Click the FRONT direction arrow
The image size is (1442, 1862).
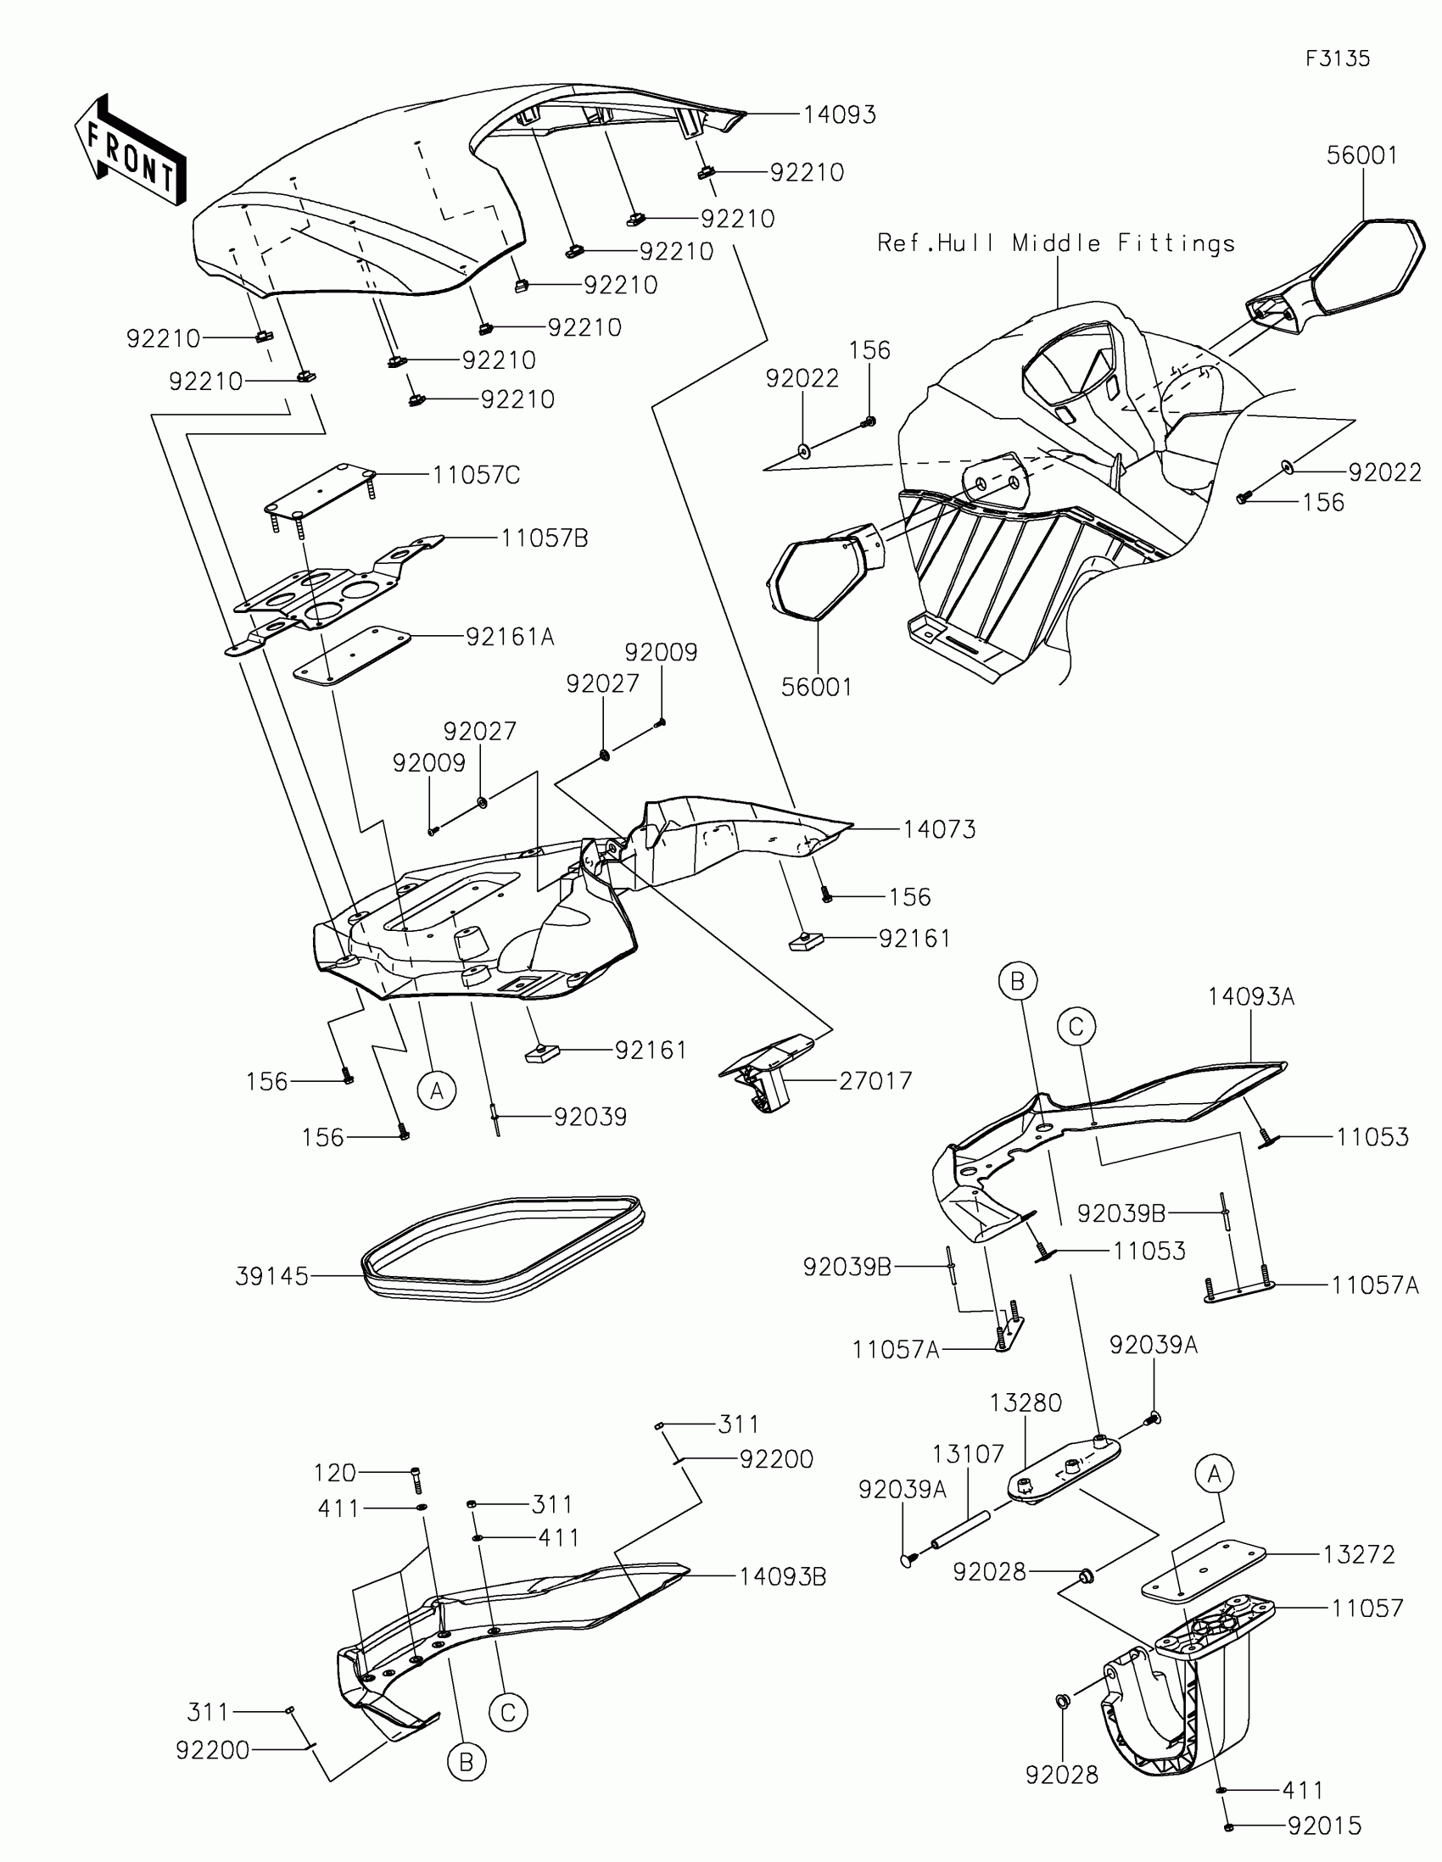point(131,150)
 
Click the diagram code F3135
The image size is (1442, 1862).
point(1337,59)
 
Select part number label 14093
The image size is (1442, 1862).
point(839,115)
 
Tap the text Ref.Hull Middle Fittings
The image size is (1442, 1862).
point(1056,244)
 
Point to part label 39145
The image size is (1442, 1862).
point(271,1277)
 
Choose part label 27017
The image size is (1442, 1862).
point(875,1081)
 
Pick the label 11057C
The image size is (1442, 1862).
point(476,475)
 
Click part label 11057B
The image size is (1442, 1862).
point(544,538)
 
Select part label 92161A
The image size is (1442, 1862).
point(510,637)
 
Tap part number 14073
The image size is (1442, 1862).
point(939,828)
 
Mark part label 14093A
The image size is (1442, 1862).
point(1250,996)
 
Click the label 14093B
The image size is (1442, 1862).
point(782,1577)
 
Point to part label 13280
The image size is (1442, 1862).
point(1025,1402)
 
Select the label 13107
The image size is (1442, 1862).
point(968,1453)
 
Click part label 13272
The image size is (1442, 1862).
point(1358,1554)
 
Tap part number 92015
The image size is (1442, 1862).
point(1324,1826)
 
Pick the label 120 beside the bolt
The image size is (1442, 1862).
point(334,1472)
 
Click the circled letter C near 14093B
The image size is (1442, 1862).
point(508,1712)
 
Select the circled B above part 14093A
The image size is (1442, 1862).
point(1017,981)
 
